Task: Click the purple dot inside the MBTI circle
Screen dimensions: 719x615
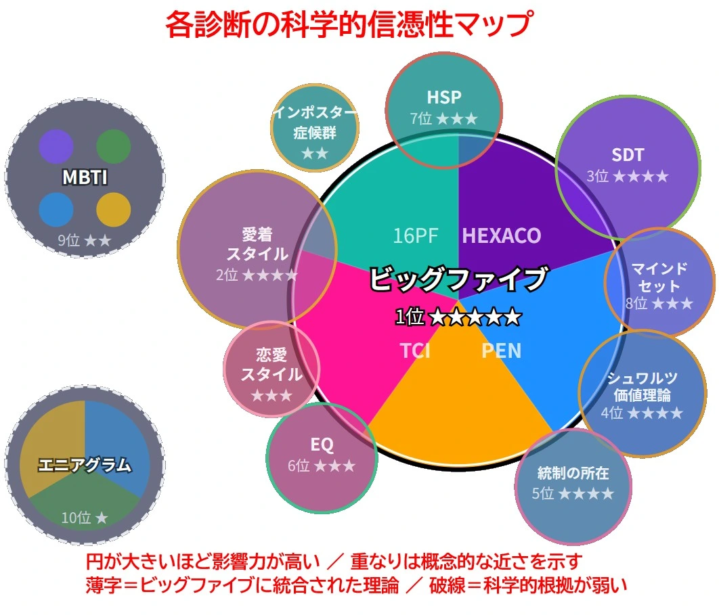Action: pos(56,147)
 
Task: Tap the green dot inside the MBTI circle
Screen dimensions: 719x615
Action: pos(114,147)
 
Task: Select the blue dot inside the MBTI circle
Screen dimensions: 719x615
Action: pos(56,210)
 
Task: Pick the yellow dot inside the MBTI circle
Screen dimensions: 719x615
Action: pos(114,210)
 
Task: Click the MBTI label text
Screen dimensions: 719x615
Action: pos(85,177)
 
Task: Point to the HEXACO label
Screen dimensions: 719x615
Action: pos(502,235)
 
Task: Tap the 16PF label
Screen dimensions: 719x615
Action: pos(416,235)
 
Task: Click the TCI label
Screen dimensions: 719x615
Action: pos(416,351)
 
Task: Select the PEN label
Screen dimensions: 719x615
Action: pos(501,351)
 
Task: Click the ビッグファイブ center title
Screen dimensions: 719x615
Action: pos(458,278)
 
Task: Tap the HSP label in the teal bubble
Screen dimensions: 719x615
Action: pos(444,97)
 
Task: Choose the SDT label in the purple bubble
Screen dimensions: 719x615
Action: pos(628,155)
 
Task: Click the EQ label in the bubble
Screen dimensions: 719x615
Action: pos(322,445)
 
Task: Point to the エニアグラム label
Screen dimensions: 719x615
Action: pos(85,465)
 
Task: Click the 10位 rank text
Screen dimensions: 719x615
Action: pos(76,518)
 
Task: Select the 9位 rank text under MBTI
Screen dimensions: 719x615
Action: pos(69,240)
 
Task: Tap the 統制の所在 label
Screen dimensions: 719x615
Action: pos(573,472)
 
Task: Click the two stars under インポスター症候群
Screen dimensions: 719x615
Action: pos(315,153)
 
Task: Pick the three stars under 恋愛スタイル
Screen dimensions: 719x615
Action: pos(271,395)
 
